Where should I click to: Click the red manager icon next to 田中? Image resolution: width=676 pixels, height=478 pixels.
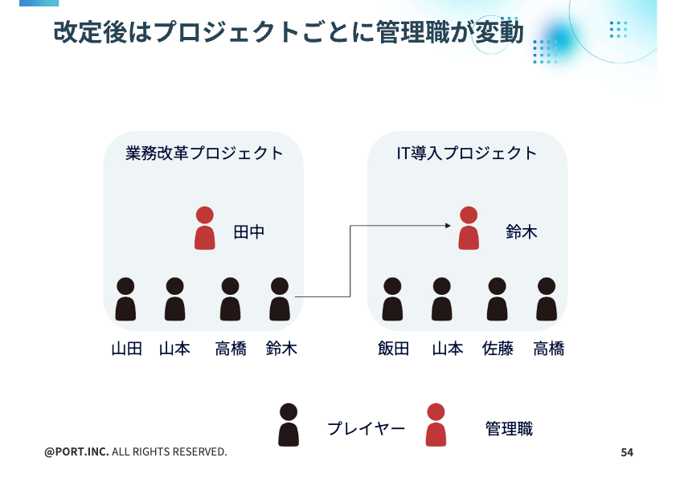tap(205, 228)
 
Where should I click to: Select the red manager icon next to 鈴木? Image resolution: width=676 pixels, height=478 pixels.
tap(469, 228)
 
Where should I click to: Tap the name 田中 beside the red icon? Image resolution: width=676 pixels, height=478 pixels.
tap(248, 233)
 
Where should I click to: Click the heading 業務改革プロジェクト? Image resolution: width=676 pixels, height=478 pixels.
tap(205, 153)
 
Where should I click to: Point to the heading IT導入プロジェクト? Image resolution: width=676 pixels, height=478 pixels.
tap(467, 153)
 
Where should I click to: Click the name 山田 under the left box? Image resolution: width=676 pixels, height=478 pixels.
tap(126, 349)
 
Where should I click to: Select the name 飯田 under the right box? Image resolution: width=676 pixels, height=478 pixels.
tap(393, 349)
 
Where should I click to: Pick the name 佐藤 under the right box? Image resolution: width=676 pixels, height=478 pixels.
tap(498, 349)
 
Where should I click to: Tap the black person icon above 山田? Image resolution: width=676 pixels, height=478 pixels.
tap(125, 299)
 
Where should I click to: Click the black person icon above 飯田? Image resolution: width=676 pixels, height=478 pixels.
tap(392, 299)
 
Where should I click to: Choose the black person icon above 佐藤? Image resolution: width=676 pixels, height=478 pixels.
tap(497, 299)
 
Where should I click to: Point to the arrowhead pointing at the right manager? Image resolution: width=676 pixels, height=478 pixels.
tap(448, 226)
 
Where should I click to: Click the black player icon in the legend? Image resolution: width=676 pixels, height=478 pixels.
tap(289, 425)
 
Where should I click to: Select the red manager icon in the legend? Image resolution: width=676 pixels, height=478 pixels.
tap(436, 425)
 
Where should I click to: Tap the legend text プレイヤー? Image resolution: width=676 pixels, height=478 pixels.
tap(366, 429)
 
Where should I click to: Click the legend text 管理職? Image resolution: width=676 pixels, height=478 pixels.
tap(509, 429)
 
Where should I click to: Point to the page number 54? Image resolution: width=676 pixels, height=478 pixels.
tap(627, 452)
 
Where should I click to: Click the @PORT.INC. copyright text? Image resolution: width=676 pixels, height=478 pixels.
tap(136, 452)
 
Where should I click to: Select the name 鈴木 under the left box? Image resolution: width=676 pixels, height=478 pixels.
tap(281, 349)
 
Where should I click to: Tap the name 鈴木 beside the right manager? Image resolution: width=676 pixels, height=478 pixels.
tap(522, 233)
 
